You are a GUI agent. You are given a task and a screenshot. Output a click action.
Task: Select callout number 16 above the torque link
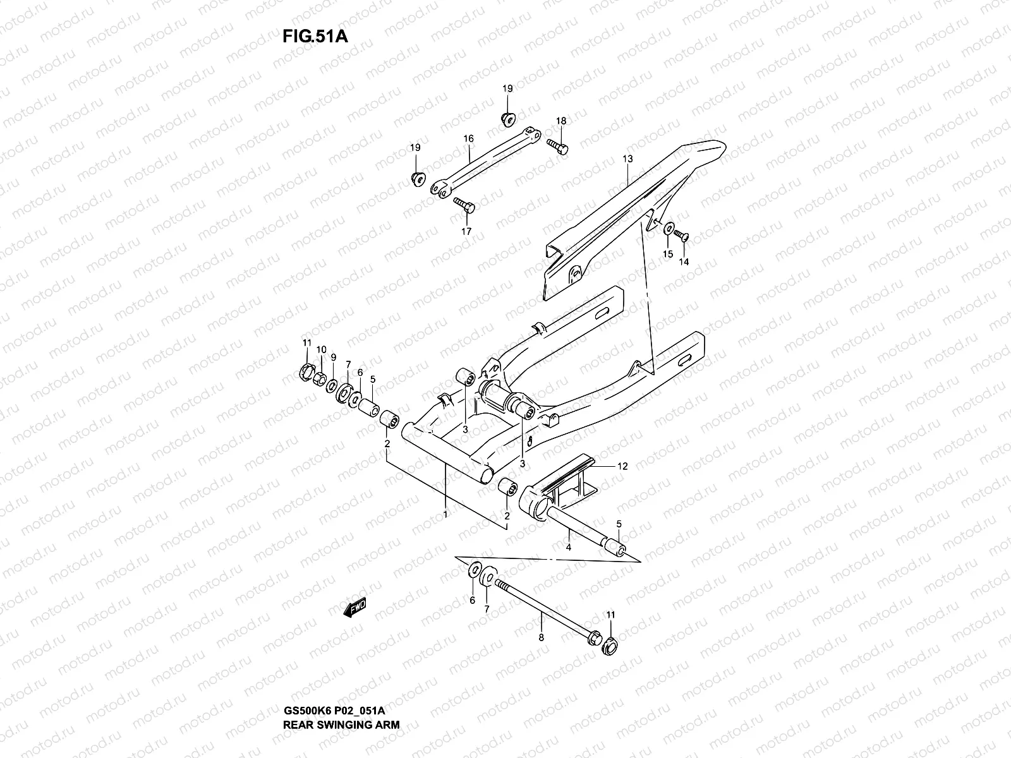coord(468,138)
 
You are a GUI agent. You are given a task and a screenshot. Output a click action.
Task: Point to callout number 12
coord(622,467)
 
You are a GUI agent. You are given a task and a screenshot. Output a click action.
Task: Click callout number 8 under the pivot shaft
coord(541,638)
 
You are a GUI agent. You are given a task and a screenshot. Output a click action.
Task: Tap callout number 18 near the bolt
coord(561,121)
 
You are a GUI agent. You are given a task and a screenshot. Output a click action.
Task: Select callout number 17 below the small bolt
coord(466,231)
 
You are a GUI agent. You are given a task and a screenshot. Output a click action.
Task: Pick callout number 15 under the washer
coord(667,254)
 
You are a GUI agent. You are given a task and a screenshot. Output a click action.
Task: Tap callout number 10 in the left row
coord(321,349)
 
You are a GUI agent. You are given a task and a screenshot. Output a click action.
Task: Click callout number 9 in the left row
coord(333,357)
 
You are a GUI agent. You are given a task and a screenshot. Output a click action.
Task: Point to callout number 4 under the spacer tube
coord(569,547)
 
